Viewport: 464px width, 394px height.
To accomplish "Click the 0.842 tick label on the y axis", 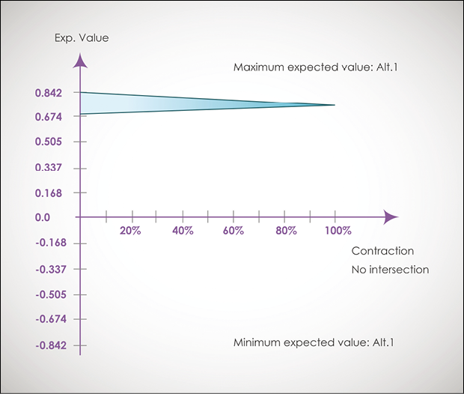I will pyautogui.click(x=49, y=93).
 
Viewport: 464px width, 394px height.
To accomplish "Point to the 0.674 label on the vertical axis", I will pyautogui.click(x=49, y=117).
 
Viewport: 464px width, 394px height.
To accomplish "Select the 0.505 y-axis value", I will pyautogui.click(x=49, y=142).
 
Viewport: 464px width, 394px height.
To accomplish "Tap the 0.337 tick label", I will pyautogui.click(x=49, y=168).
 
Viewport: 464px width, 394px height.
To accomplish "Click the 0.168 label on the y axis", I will pyautogui.click(x=49, y=193).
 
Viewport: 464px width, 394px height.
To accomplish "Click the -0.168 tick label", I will pyautogui.click(x=47, y=243).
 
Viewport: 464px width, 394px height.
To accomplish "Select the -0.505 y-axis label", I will pyautogui.click(x=47, y=294).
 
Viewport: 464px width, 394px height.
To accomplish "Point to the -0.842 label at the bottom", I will pyautogui.click(x=47, y=345).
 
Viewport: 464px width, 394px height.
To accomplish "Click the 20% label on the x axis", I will pyautogui.click(x=131, y=231).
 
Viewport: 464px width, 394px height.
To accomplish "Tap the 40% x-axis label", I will pyautogui.click(x=183, y=231).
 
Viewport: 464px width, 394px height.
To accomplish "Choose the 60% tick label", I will pyautogui.click(x=233, y=231).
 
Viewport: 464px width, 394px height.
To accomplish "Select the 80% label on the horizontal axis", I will pyautogui.click(x=285, y=231).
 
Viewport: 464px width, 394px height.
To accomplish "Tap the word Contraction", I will pyautogui.click(x=382, y=252).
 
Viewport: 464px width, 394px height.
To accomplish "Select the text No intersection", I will pyautogui.click(x=390, y=270).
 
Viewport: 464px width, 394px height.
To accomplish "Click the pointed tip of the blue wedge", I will pyautogui.click(x=333, y=105).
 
